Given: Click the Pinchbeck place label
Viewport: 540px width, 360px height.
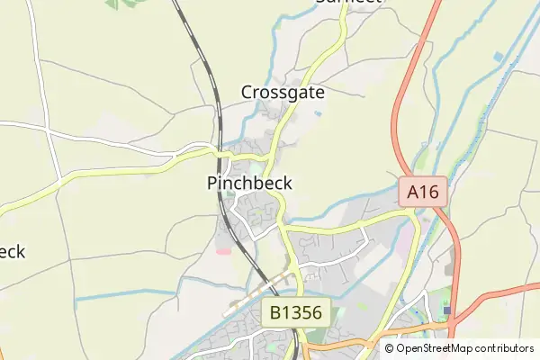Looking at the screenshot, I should click(x=248, y=183).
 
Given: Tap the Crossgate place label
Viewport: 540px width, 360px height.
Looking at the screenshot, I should click(x=283, y=92).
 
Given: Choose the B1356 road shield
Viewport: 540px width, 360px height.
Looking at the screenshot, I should click(x=297, y=314).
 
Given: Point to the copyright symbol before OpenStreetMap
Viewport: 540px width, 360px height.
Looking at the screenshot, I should click(x=390, y=348).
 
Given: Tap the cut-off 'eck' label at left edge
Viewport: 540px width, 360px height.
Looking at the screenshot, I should click(x=12, y=251).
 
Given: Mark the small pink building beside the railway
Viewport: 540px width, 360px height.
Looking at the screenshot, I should click(x=223, y=249).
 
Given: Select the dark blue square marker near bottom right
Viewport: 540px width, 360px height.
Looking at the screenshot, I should click(x=447, y=311).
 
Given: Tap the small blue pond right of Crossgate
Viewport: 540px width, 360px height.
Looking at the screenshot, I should click(x=317, y=113).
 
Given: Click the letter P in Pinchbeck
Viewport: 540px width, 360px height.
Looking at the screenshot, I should click(x=212, y=183).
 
